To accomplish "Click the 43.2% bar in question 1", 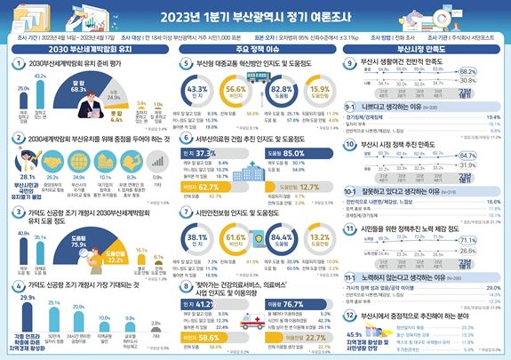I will pyautogui.click(x=39, y=92).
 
